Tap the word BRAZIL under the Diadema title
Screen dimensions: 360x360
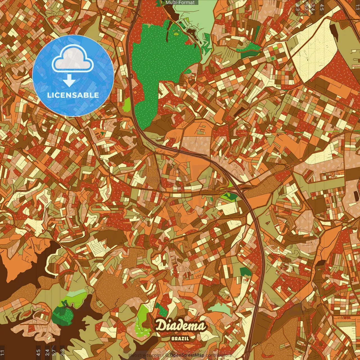180,339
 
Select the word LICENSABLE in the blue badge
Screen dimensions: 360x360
73,95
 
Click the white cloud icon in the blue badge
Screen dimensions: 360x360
73,58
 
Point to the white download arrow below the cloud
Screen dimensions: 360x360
69,81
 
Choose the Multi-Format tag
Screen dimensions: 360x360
180,3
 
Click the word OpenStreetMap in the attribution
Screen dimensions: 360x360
187,355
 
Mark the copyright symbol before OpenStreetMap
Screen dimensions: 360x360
167,355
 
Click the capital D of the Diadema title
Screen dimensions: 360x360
161,326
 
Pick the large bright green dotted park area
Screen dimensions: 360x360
157,65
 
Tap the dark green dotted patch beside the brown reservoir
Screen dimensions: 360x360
62,315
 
